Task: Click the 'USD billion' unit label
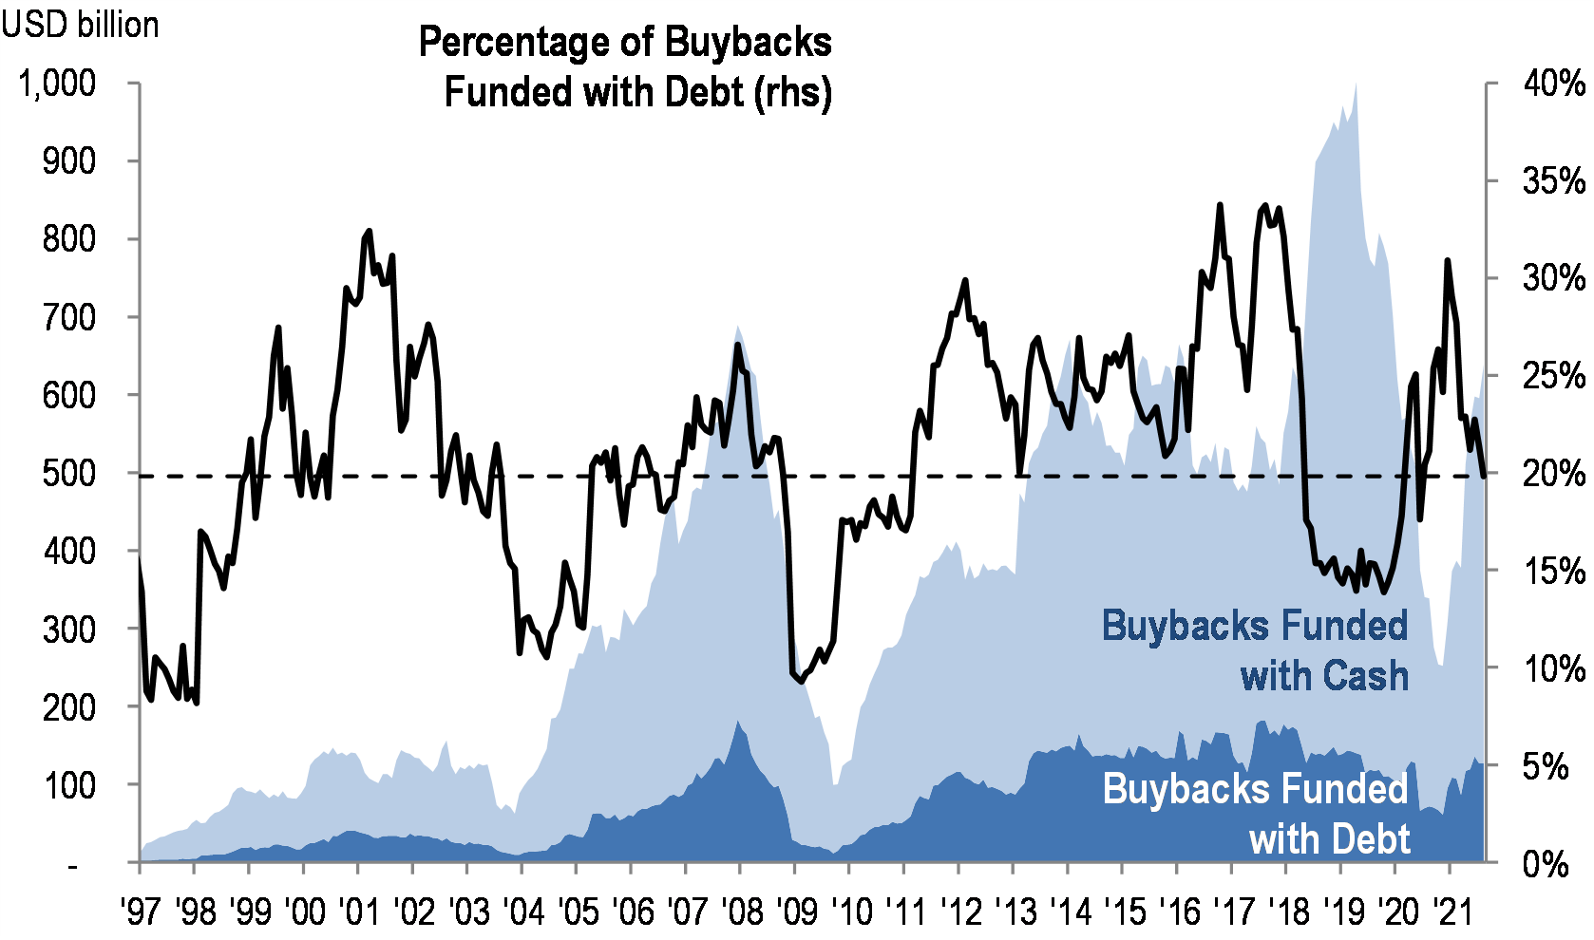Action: click(80, 25)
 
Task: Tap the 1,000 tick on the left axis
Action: click(57, 84)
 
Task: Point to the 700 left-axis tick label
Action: click(68, 317)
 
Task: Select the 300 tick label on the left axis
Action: click(68, 629)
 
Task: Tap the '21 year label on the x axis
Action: click(1451, 912)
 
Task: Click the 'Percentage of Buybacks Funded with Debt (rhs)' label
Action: click(626, 67)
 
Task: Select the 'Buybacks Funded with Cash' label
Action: click(1255, 650)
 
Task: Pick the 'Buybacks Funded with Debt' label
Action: click(1256, 814)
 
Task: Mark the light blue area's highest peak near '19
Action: click(1355, 84)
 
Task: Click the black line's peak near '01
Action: click(369, 231)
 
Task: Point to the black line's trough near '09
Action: click(800, 681)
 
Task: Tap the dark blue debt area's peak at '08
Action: click(739, 722)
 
